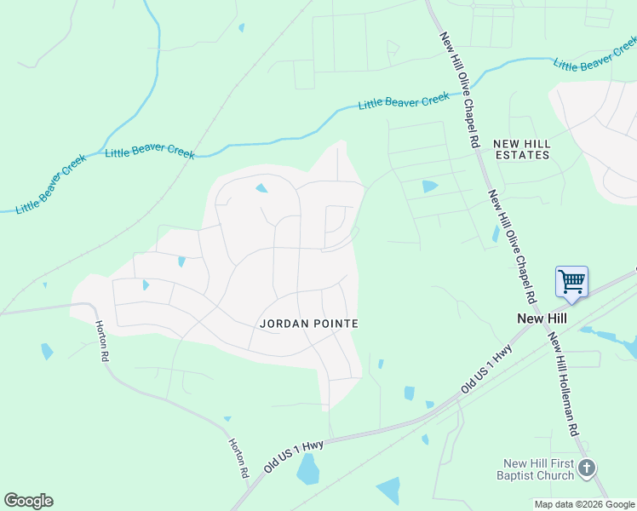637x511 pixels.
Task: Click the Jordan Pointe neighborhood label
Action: (308, 324)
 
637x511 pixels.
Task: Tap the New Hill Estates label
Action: (521, 149)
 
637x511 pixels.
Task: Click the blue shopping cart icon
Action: (571, 280)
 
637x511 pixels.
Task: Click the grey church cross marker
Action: (587, 468)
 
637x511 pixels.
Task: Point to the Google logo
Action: (28, 501)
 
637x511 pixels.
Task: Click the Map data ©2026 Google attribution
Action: (584, 504)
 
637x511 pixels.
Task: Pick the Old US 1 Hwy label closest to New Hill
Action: (487, 369)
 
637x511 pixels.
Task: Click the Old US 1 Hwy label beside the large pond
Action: (294, 450)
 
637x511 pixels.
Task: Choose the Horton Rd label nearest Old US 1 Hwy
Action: (238, 458)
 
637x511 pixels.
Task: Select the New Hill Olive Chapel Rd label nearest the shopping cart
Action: (511, 248)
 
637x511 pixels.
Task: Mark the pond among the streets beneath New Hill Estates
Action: (429, 187)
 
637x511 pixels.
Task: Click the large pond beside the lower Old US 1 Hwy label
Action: (307, 469)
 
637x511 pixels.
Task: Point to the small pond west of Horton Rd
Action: (46, 351)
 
